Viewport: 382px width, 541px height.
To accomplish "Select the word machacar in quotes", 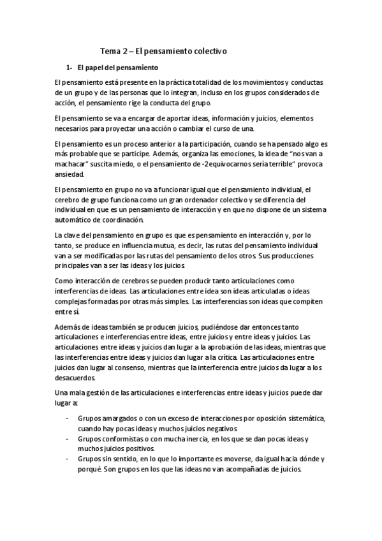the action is coord(73,164).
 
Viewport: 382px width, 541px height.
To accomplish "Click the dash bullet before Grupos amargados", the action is coord(68,419).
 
